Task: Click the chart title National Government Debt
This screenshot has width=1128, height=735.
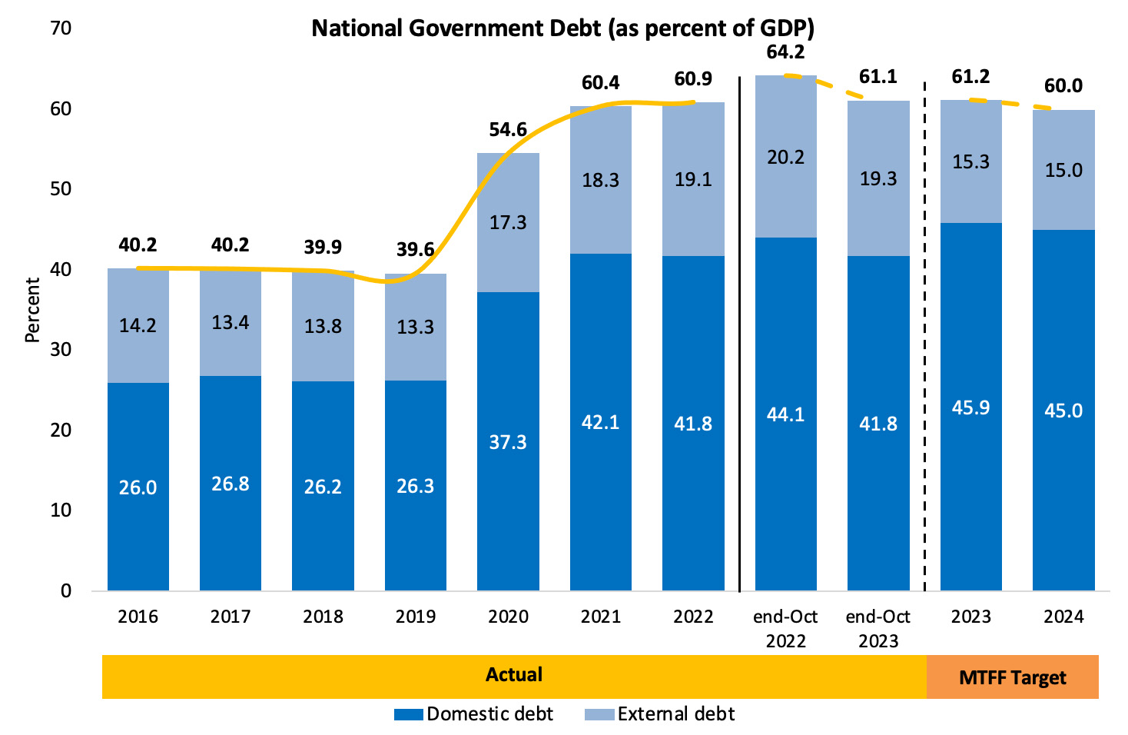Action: tap(562, 28)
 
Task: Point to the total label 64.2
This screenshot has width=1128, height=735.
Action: tap(785, 52)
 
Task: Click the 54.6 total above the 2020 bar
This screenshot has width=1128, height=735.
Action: tap(508, 130)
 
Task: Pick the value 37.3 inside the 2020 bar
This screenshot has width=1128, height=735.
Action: tap(508, 442)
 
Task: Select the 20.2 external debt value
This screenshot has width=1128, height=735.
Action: tap(785, 158)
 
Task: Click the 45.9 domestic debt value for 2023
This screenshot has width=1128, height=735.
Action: tap(970, 407)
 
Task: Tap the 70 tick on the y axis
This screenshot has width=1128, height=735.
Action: tap(61, 28)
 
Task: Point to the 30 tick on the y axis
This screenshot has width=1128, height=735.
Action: tap(61, 350)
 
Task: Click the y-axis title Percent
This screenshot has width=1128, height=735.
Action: tap(32, 310)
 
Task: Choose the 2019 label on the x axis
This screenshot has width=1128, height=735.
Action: tap(416, 617)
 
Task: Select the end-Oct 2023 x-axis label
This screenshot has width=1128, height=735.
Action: tap(878, 628)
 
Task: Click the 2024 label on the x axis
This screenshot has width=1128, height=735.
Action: tap(1063, 617)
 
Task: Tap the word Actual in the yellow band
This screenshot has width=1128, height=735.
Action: tap(514, 675)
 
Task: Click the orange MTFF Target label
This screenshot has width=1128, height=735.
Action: tap(1013, 677)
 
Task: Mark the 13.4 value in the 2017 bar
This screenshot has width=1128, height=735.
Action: tap(231, 322)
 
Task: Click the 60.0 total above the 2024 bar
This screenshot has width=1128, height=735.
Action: tap(1063, 86)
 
